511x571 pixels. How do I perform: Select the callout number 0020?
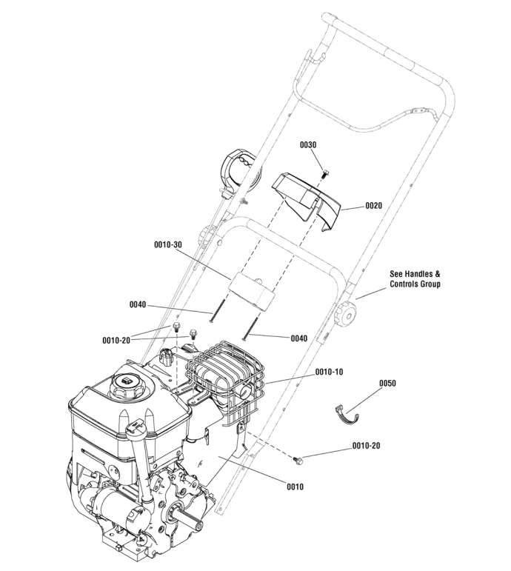(x=373, y=207)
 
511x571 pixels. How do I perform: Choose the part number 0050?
(x=387, y=384)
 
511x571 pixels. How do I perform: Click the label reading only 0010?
(x=295, y=487)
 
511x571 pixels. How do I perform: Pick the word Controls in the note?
(x=407, y=284)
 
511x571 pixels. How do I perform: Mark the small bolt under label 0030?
(x=327, y=173)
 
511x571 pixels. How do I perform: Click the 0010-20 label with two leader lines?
(x=116, y=340)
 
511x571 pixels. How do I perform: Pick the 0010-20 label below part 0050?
(x=366, y=446)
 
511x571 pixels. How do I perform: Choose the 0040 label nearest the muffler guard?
(x=298, y=338)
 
